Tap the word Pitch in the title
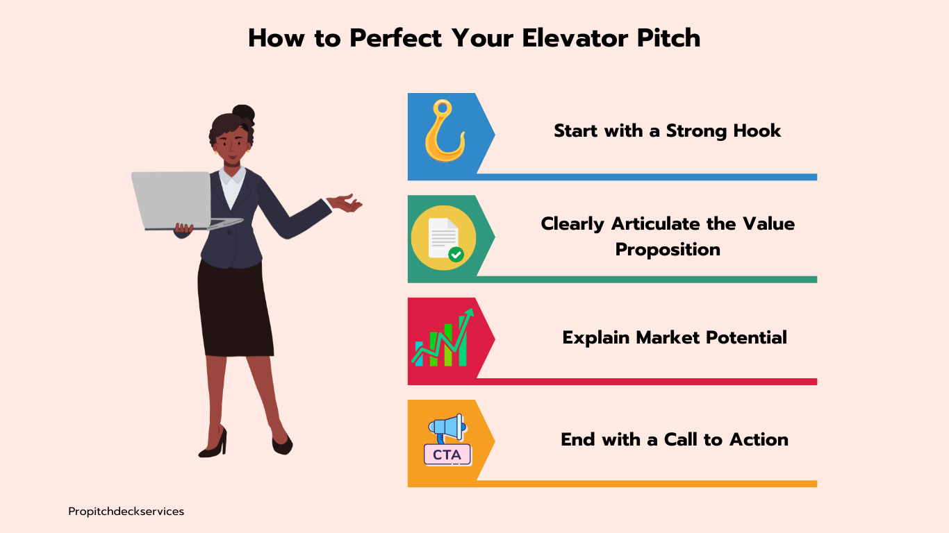click(x=668, y=38)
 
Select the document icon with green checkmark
click(x=443, y=238)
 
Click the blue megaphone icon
click(x=447, y=428)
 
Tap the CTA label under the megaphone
click(x=447, y=455)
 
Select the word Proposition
click(x=668, y=249)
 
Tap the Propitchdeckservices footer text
click(x=126, y=511)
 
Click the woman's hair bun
click(x=244, y=112)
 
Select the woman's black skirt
click(x=235, y=309)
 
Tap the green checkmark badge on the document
click(x=456, y=255)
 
